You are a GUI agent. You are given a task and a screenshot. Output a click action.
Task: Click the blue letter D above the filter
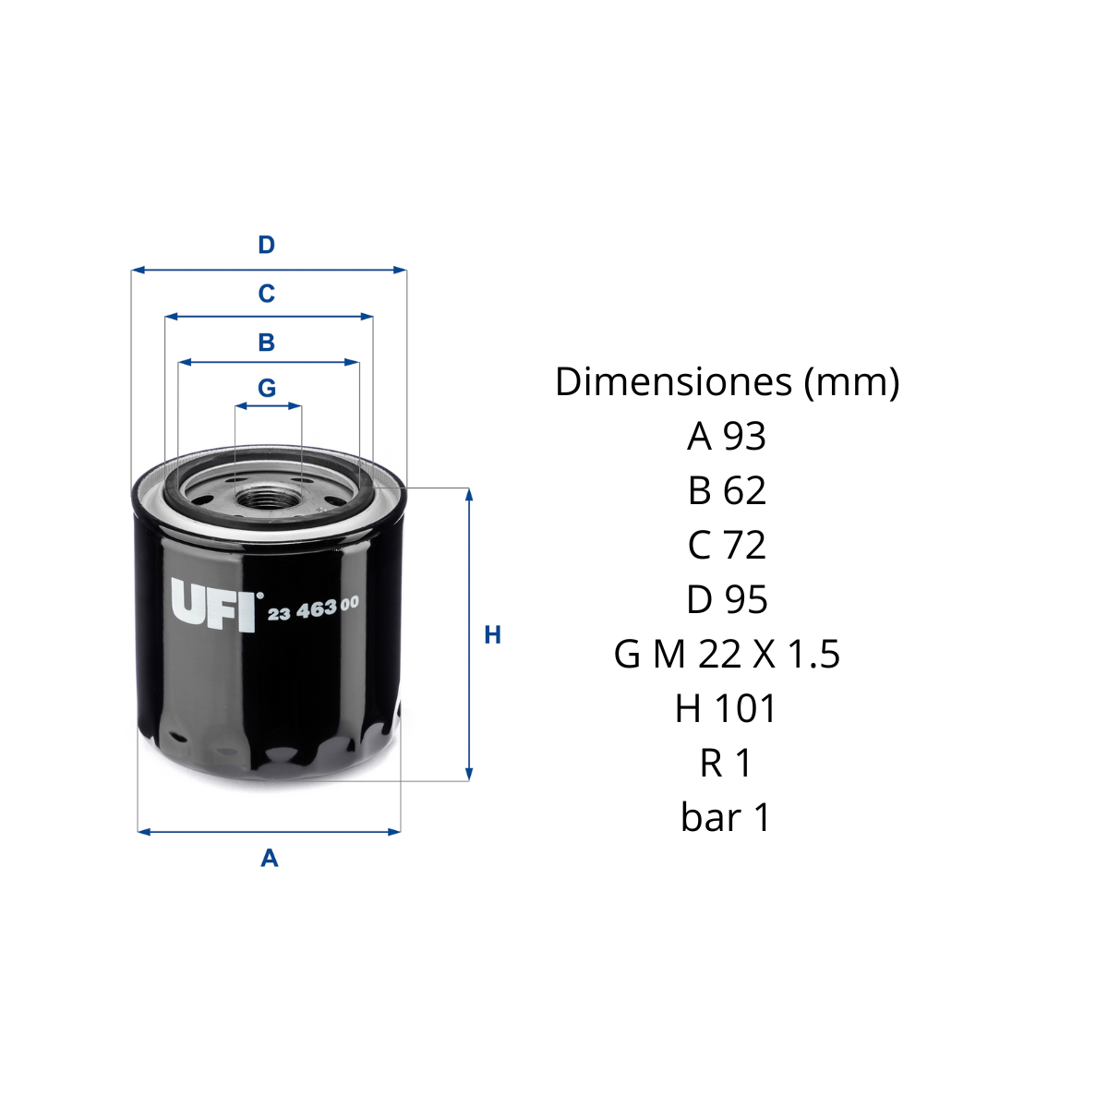tap(266, 245)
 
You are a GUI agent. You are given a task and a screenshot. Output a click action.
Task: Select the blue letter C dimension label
tap(266, 294)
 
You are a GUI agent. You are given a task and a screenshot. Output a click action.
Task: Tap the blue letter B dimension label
tap(266, 343)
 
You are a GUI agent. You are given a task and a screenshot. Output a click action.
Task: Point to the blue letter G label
tap(267, 388)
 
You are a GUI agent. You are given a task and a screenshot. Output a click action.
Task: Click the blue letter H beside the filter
tap(493, 634)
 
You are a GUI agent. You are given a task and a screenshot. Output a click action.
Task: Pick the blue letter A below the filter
tap(269, 859)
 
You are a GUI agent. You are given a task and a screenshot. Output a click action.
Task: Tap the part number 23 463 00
tap(313, 608)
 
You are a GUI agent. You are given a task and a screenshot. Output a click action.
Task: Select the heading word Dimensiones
tap(673, 381)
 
